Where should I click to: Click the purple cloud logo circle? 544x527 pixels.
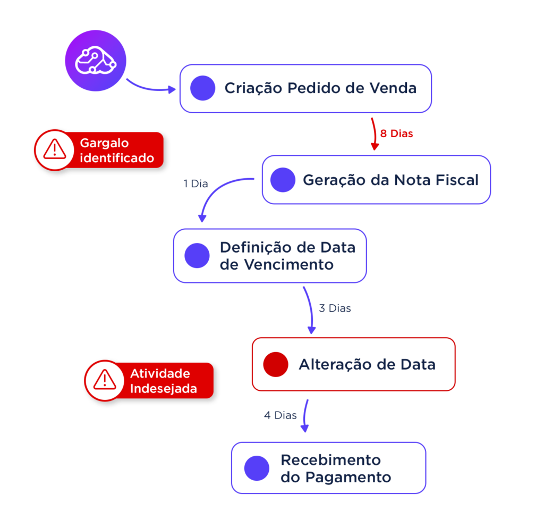[96, 60]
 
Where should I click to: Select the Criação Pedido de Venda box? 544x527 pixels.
[305, 88]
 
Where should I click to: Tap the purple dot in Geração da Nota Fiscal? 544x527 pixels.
[283, 180]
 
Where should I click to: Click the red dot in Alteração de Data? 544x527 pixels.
[276, 364]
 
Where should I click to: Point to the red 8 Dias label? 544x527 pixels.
[397, 134]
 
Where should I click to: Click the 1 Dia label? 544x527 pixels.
[195, 184]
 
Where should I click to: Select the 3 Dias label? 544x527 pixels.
[335, 308]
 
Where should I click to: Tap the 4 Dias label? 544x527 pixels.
[280, 415]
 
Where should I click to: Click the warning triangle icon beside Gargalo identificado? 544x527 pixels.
[54, 150]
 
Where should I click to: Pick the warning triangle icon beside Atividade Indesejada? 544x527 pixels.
[104, 380]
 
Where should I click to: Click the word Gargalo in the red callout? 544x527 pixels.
[104, 144]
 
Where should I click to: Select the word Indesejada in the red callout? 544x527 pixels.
[164, 389]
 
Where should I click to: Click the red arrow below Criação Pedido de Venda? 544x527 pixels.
[373, 133]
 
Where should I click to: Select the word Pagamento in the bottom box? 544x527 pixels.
[348, 477]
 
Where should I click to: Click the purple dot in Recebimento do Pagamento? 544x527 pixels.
[257, 468]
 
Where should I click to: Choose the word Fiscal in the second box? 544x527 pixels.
[457, 180]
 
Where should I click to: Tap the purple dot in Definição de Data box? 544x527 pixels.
[197, 256]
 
